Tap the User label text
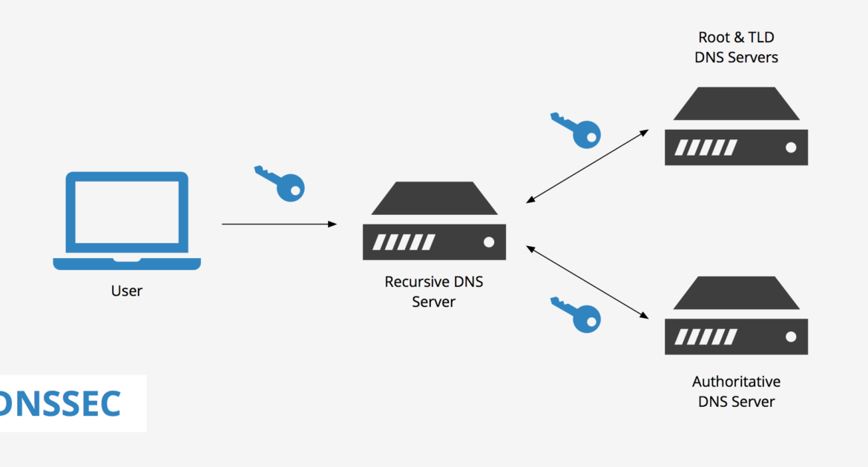click(126, 291)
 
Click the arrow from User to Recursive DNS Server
click(279, 223)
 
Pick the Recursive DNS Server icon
click(434, 221)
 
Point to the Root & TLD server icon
click(736, 126)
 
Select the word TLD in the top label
click(761, 37)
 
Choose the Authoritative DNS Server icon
click(736, 316)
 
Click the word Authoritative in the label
click(736, 382)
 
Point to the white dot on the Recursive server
click(488, 242)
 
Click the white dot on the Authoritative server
click(790, 337)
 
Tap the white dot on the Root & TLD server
click(790, 147)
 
